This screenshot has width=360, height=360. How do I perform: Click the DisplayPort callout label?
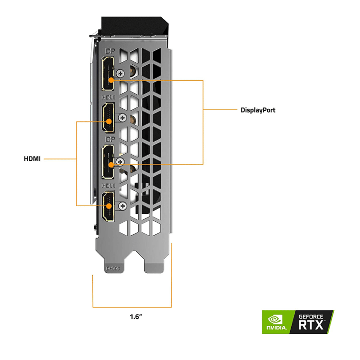258,110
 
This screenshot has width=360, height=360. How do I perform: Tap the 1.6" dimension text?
136,316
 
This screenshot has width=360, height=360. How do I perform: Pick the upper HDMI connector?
108,118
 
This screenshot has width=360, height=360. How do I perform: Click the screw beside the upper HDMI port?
123,117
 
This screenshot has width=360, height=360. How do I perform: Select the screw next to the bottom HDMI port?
123,205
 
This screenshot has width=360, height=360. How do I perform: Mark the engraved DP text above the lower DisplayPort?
109,140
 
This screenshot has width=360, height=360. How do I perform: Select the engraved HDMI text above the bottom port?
108,185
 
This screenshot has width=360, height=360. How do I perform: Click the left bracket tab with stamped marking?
113,267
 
